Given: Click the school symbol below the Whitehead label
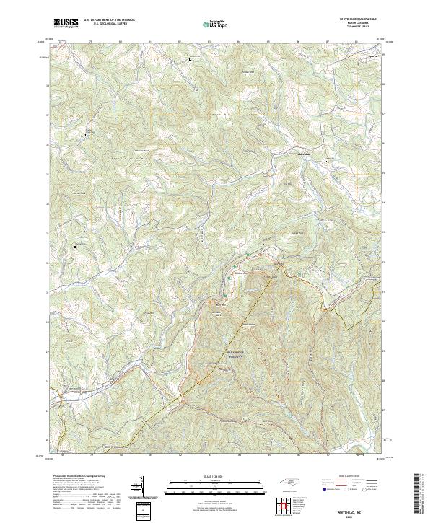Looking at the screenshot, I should click(x=325, y=162).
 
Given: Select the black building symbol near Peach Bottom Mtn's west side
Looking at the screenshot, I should click(x=87, y=134).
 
